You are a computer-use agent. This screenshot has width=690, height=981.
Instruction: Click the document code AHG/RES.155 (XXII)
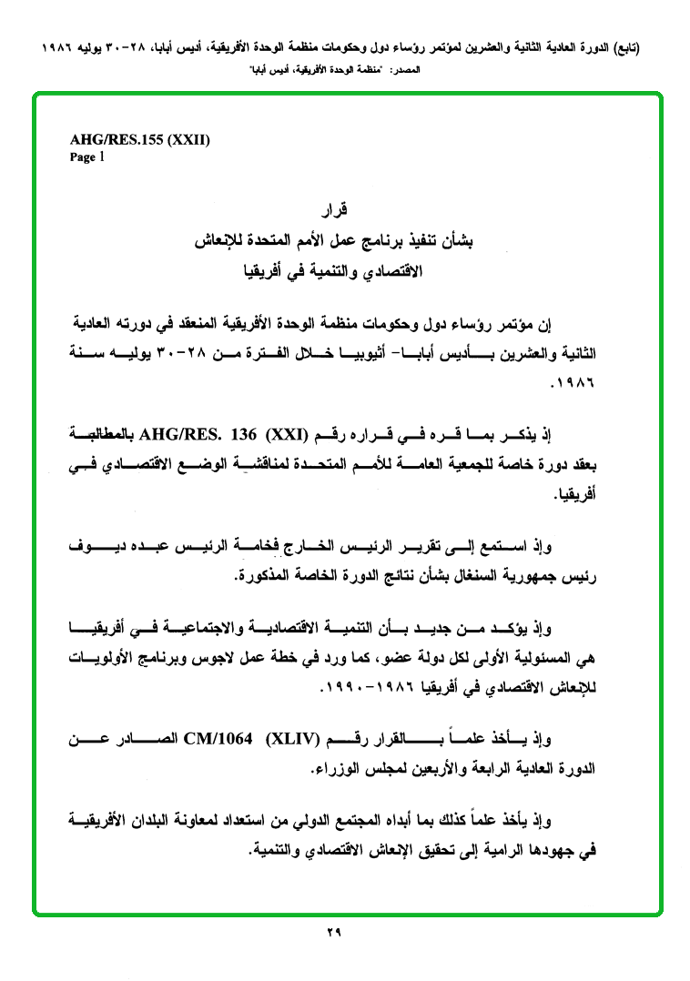click(140, 140)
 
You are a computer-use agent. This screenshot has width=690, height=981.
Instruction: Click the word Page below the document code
click(82, 157)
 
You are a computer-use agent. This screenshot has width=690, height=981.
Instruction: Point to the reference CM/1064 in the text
click(220, 738)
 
